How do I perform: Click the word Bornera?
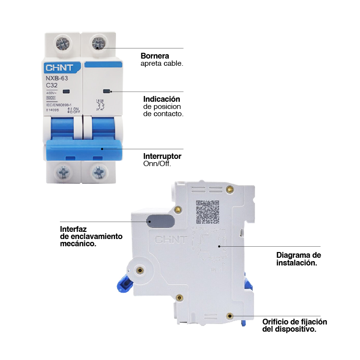pyautogui.click(x=154, y=56)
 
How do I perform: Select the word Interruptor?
pyautogui.click(x=162, y=156)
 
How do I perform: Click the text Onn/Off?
pyautogui.click(x=157, y=164)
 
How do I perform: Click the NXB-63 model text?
pyautogui.click(x=57, y=78)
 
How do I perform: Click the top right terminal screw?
pyautogui.click(x=99, y=43)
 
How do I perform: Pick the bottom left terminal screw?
pyautogui.click(x=63, y=171)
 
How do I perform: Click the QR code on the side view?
pyautogui.click(x=208, y=212)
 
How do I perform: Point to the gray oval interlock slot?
pyautogui.click(x=159, y=220)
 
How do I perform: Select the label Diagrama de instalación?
pyautogui.click(x=298, y=259)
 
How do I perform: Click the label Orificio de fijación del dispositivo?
pyautogui.click(x=294, y=325)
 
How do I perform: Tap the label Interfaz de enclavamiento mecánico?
pyautogui.click(x=91, y=236)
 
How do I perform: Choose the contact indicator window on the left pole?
pyautogui.click(x=66, y=91)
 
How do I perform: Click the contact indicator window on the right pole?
pyautogui.click(x=106, y=91)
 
